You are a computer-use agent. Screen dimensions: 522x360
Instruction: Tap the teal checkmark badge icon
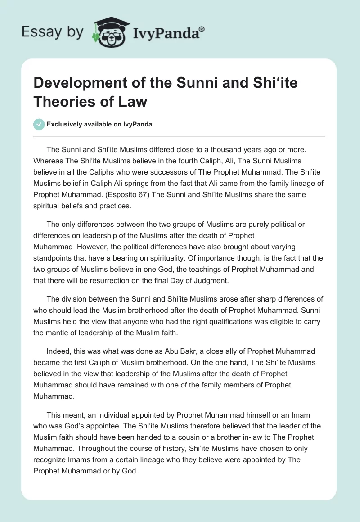39,125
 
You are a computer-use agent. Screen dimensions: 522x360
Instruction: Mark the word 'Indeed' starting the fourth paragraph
57,351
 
